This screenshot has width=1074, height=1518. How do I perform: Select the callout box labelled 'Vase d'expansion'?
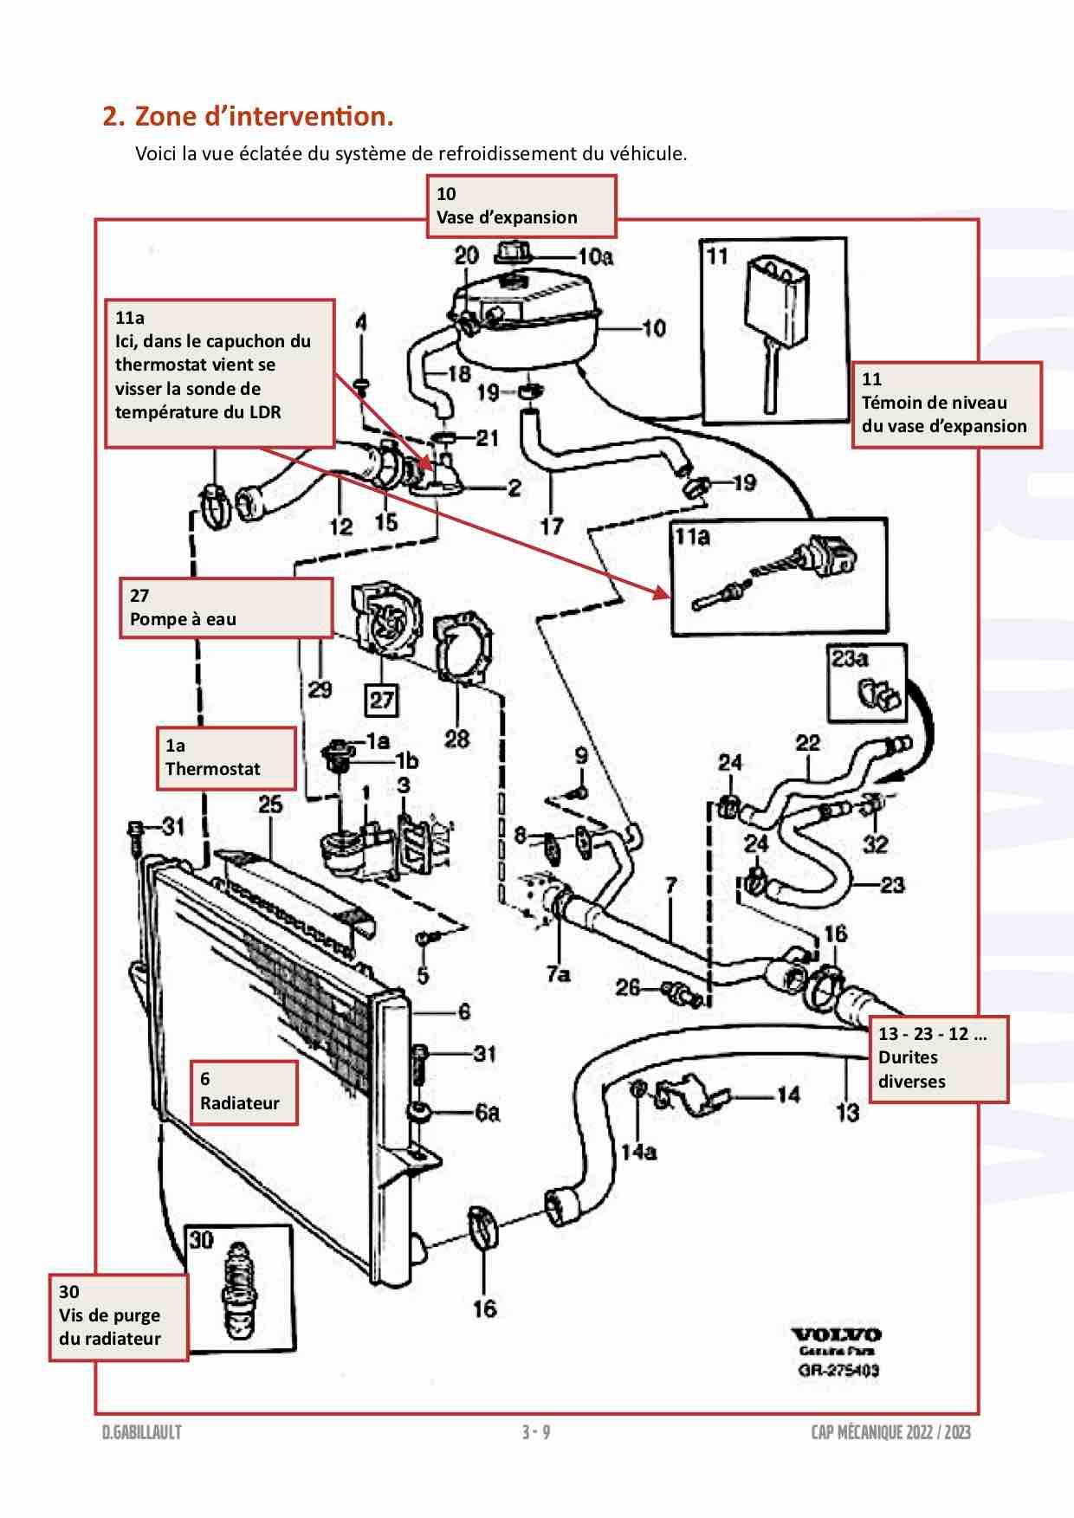coord(521,206)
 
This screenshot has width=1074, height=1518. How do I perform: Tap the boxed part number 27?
coord(382,700)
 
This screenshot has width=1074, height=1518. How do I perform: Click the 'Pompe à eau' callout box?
coord(225,608)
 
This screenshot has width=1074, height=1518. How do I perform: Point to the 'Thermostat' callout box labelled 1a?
coord(225,758)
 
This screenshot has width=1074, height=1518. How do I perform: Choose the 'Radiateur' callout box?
coord(244,1091)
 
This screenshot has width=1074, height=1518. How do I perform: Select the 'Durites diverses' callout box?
coord(939,1057)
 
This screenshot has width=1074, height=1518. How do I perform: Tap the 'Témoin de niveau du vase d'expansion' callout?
coord(946,404)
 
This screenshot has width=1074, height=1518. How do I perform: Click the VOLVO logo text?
coord(836,1334)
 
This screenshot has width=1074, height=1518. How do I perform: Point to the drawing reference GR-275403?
coord(838,1370)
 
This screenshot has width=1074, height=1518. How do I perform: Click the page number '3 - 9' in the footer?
coord(536,1432)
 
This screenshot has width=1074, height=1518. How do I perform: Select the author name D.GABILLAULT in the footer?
coord(141,1432)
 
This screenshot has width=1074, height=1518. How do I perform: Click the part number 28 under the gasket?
coord(456,739)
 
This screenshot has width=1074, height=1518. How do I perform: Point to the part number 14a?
coord(638,1152)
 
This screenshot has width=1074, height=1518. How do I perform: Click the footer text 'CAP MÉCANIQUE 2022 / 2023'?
coord(890,1432)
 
